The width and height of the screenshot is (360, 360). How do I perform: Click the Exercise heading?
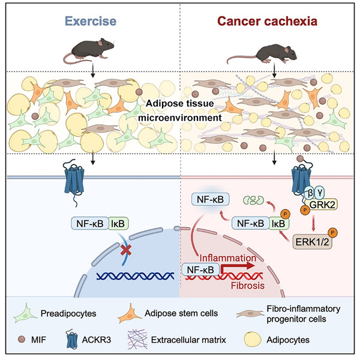point(91,21)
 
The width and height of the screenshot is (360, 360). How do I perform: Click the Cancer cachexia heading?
point(267,21)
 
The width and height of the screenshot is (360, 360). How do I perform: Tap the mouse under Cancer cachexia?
point(262,54)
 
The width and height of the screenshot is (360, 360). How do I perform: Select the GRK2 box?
point(322,205)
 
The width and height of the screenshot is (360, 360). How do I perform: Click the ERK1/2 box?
point(312,242)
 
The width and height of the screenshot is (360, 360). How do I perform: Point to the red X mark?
point(126,250)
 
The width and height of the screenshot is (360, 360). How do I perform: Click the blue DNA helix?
point(136,276)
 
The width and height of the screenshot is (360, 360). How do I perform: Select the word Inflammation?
point(228,258)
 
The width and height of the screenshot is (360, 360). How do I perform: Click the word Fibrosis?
point(248,286)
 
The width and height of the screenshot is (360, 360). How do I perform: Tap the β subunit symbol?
point(310,193)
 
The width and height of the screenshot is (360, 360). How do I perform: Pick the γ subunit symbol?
point(319,193)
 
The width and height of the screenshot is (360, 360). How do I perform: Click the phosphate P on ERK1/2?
point(332,233)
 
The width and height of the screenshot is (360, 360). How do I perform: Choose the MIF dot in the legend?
point(22,339)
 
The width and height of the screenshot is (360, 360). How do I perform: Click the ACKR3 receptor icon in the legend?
point(72,340)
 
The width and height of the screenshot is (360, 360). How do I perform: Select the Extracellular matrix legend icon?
point(137,340)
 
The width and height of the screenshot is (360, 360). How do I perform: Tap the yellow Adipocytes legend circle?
point(253,339)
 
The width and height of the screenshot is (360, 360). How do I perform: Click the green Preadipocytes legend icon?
point(25,314)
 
